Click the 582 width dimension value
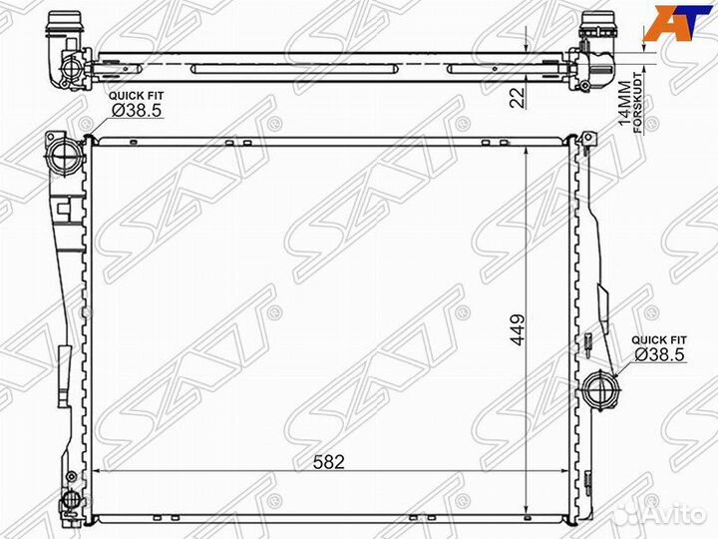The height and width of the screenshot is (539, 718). pos(329,462)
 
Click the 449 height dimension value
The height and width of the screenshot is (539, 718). pos(518,329)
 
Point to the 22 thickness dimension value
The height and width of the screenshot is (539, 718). pos(518,97)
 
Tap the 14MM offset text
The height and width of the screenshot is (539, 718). pos(624,104)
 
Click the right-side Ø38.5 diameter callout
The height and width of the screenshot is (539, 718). pos(660,353)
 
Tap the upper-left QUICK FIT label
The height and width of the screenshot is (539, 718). pos(136,96)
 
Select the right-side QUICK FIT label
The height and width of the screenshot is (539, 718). pos(659,340)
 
